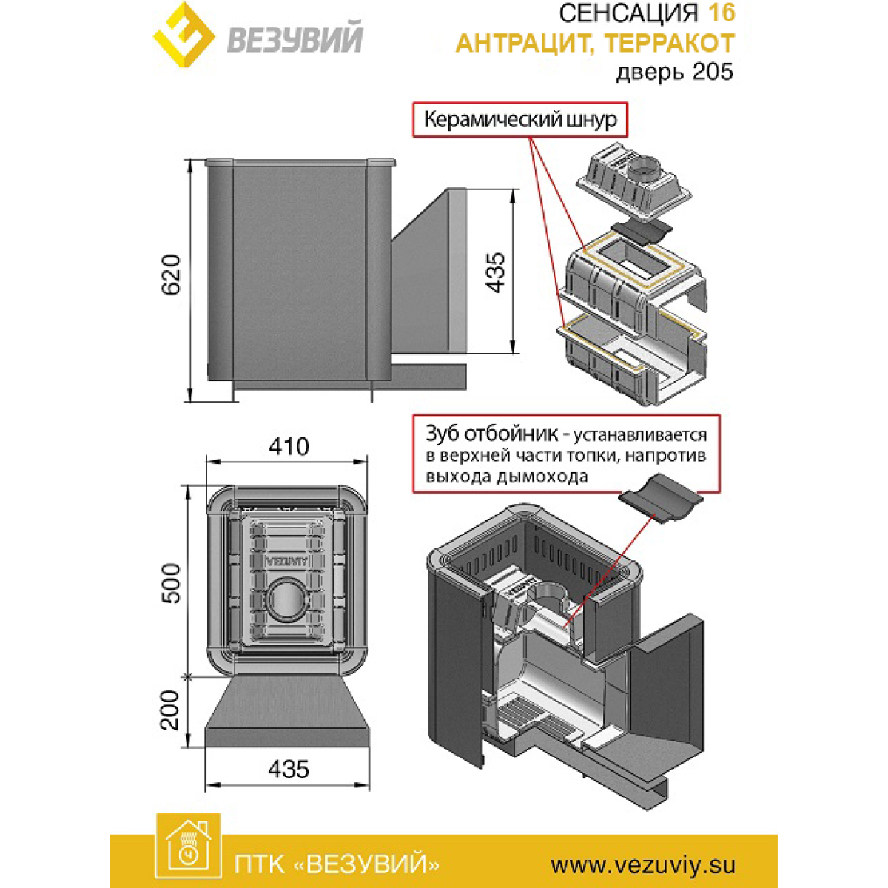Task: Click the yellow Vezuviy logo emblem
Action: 184,35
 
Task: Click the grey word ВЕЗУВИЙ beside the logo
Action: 295,39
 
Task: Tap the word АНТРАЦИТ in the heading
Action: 525,44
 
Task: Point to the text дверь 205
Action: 675,73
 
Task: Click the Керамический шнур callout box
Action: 519,119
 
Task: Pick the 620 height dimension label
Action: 170,275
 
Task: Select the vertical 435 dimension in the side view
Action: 496,272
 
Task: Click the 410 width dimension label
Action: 289,446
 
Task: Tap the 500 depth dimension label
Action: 170,583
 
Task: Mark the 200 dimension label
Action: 169,710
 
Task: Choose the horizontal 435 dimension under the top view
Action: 289,769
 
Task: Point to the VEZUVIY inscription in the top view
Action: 286,561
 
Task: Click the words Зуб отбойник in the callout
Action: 491,434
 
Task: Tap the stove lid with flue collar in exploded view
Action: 634,182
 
